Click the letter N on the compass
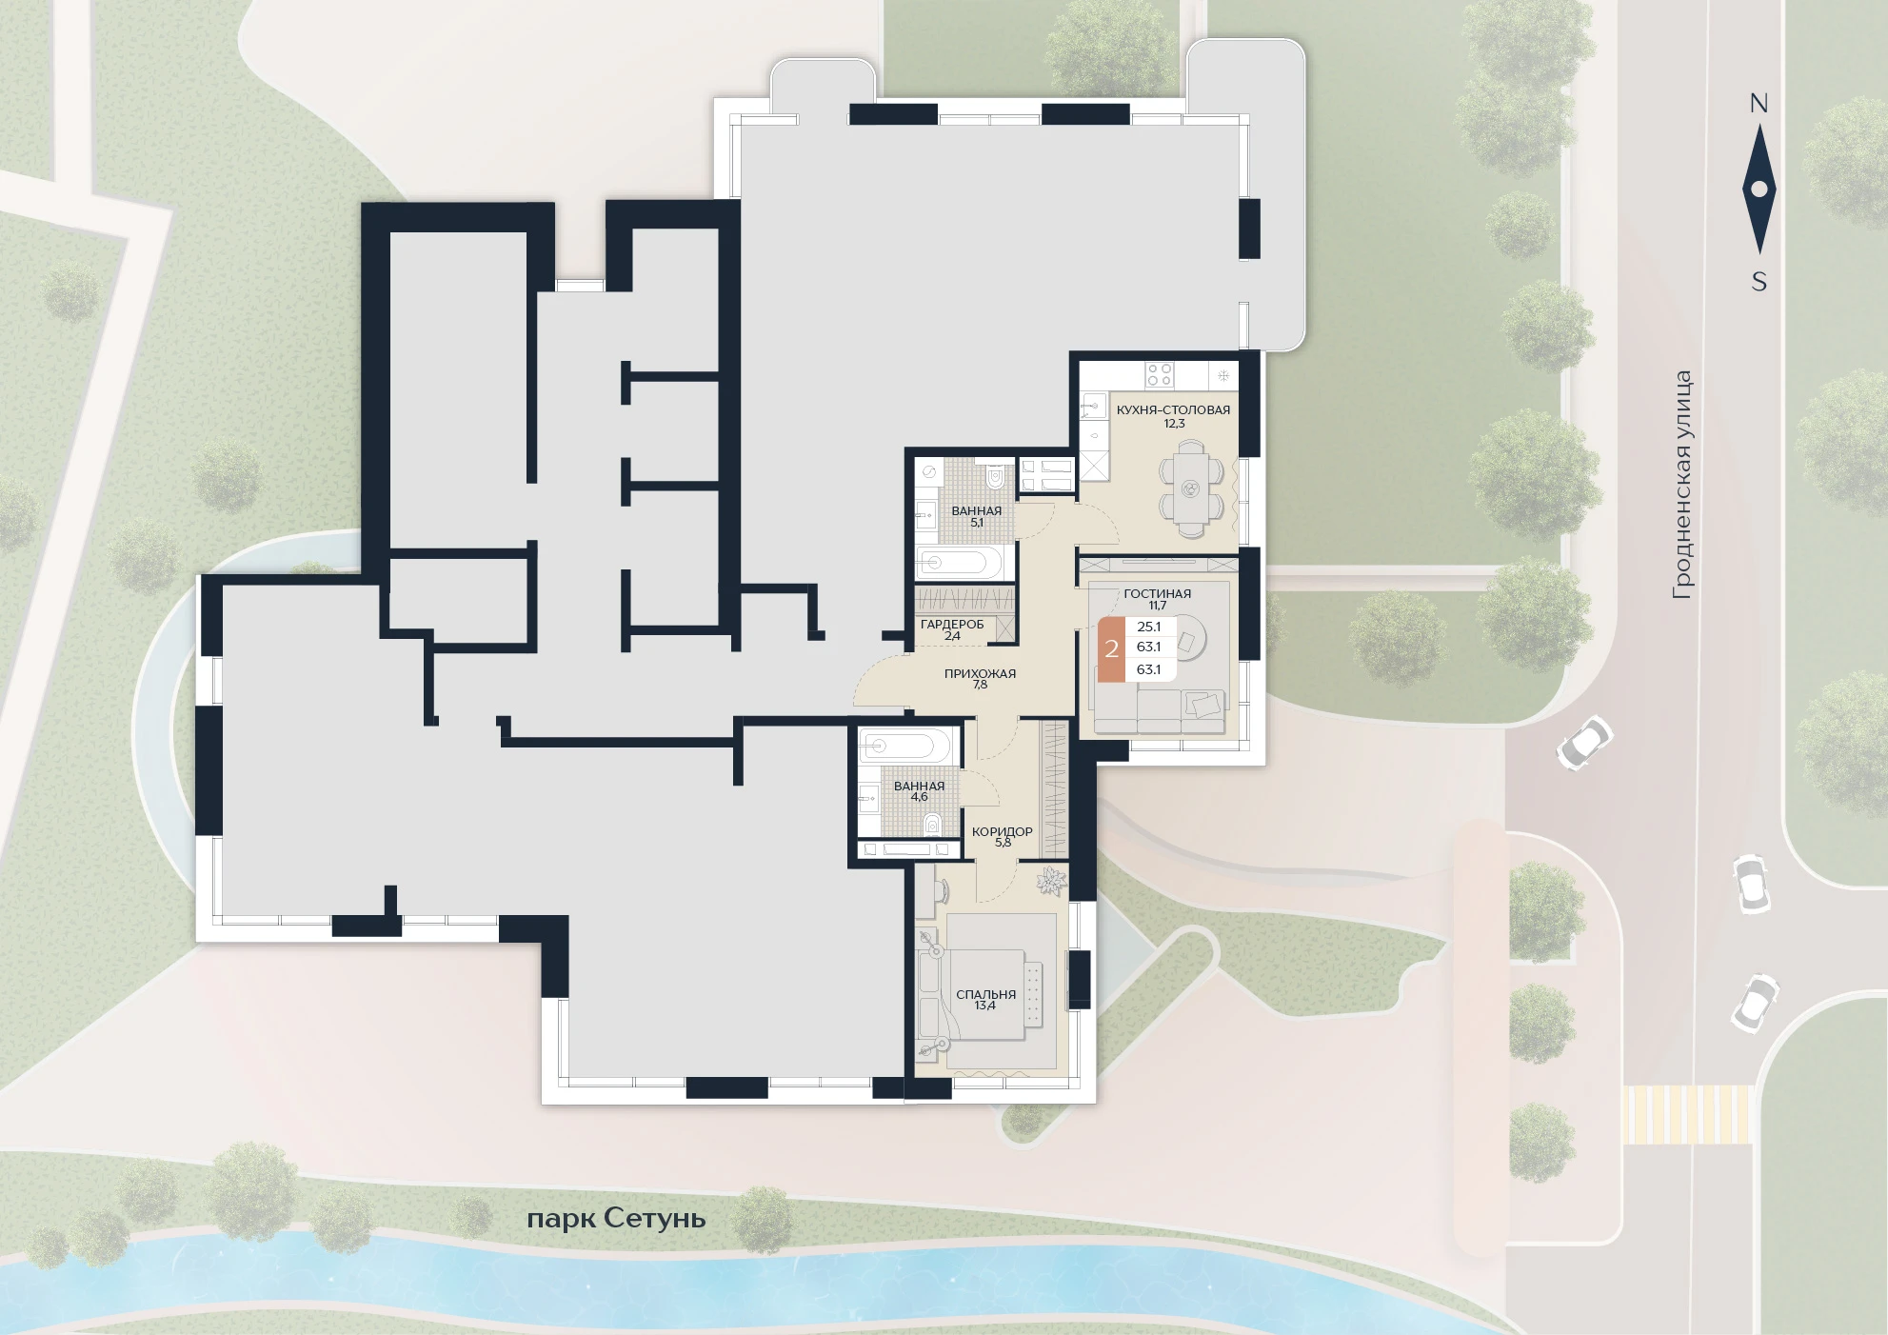1759,104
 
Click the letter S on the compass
1759,282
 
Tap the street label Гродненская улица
1683,486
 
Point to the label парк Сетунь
616,1219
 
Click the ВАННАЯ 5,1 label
977,516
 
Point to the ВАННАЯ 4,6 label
919,791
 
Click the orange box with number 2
1111,650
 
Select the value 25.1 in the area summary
1149,627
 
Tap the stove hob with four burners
1159,374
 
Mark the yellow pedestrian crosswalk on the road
1687,1114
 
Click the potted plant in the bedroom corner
1052,881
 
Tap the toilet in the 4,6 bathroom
934,823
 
